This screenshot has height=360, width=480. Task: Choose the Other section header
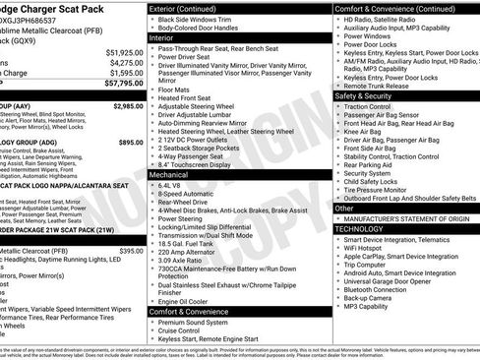coord(345,209)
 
